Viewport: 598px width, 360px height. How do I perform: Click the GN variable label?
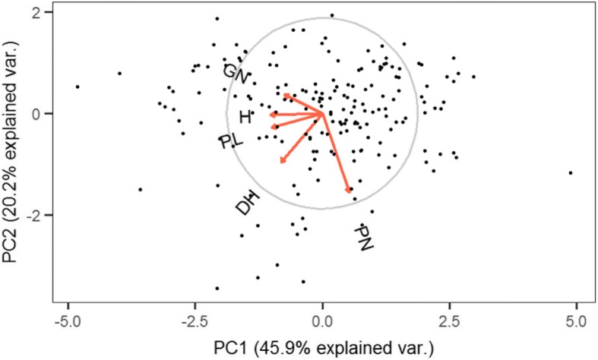237,74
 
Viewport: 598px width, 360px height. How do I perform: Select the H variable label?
245,117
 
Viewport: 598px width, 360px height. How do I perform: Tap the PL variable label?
229,142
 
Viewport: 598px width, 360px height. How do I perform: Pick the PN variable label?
367,238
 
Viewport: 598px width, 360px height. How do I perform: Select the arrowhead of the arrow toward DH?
281,160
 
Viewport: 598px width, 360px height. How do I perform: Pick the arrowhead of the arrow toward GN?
284,95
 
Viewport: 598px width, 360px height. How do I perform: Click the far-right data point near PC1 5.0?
570,172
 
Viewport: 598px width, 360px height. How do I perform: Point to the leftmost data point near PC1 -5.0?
78,87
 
